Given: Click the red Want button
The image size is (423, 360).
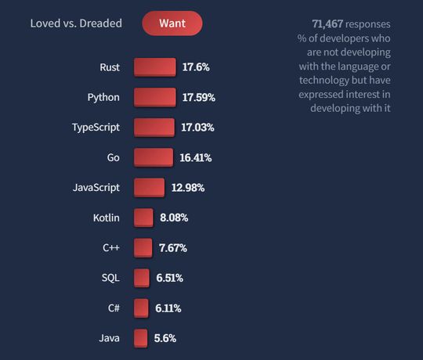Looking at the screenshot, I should pos(172,23).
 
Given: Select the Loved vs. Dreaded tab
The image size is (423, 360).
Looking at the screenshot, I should pos(76,23).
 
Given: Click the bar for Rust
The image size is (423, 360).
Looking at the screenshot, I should pos(154,67).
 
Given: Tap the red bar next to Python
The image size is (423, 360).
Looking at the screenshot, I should pos(154,97).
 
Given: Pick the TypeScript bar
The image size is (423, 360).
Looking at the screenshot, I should pos(154,128).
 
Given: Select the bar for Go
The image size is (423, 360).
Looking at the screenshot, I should pos(153,157).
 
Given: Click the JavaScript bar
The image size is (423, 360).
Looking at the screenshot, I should pos(149,188).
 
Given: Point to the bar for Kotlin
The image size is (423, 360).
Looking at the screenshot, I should pos(143,218).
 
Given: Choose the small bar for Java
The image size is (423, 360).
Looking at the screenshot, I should pos(140,338).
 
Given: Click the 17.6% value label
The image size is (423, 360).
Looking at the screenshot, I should pos(197,67).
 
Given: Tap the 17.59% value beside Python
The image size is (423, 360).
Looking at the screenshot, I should pos(199,98).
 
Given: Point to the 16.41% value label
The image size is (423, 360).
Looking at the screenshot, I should pos(195,158).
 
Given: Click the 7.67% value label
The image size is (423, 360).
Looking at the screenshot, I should pos(172,248).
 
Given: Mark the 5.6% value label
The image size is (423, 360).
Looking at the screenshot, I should pos(164,338).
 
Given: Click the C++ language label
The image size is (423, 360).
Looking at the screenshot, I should pos(110,248).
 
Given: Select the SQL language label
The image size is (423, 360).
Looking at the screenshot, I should pos(110,278).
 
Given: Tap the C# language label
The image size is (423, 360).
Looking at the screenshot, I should pos(113,308).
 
